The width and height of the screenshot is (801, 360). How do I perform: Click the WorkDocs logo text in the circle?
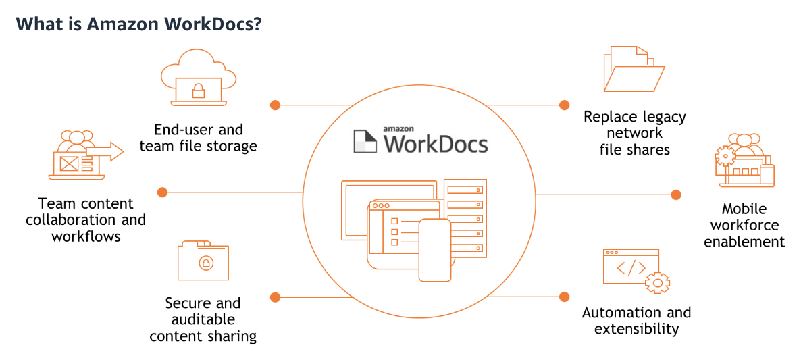[x=435, y=143]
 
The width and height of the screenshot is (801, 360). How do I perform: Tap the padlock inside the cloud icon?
[x=199, y=90]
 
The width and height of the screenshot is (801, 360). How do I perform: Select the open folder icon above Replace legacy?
[x=633, y=69]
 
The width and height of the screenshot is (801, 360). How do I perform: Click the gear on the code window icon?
[x=656, y=282]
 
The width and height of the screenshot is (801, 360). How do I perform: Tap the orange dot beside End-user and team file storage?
[x=275, y=105]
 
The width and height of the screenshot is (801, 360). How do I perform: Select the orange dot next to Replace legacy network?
[x=565, y=105]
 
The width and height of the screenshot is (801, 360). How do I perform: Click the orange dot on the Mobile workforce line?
[x=676, y=195]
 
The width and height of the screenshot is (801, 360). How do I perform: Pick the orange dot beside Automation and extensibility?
[x=565, y=297]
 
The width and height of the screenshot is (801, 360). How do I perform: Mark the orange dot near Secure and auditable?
[x=275, y=297]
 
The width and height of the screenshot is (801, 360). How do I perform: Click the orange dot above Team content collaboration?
[x=162, y=192]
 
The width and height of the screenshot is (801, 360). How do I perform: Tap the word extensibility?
[x=636, y=329]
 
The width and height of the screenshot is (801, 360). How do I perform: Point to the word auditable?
[x=203, y=319]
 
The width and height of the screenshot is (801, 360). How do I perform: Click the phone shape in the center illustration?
[x=434, y=250]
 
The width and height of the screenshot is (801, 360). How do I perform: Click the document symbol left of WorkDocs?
[x=366, y=140]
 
